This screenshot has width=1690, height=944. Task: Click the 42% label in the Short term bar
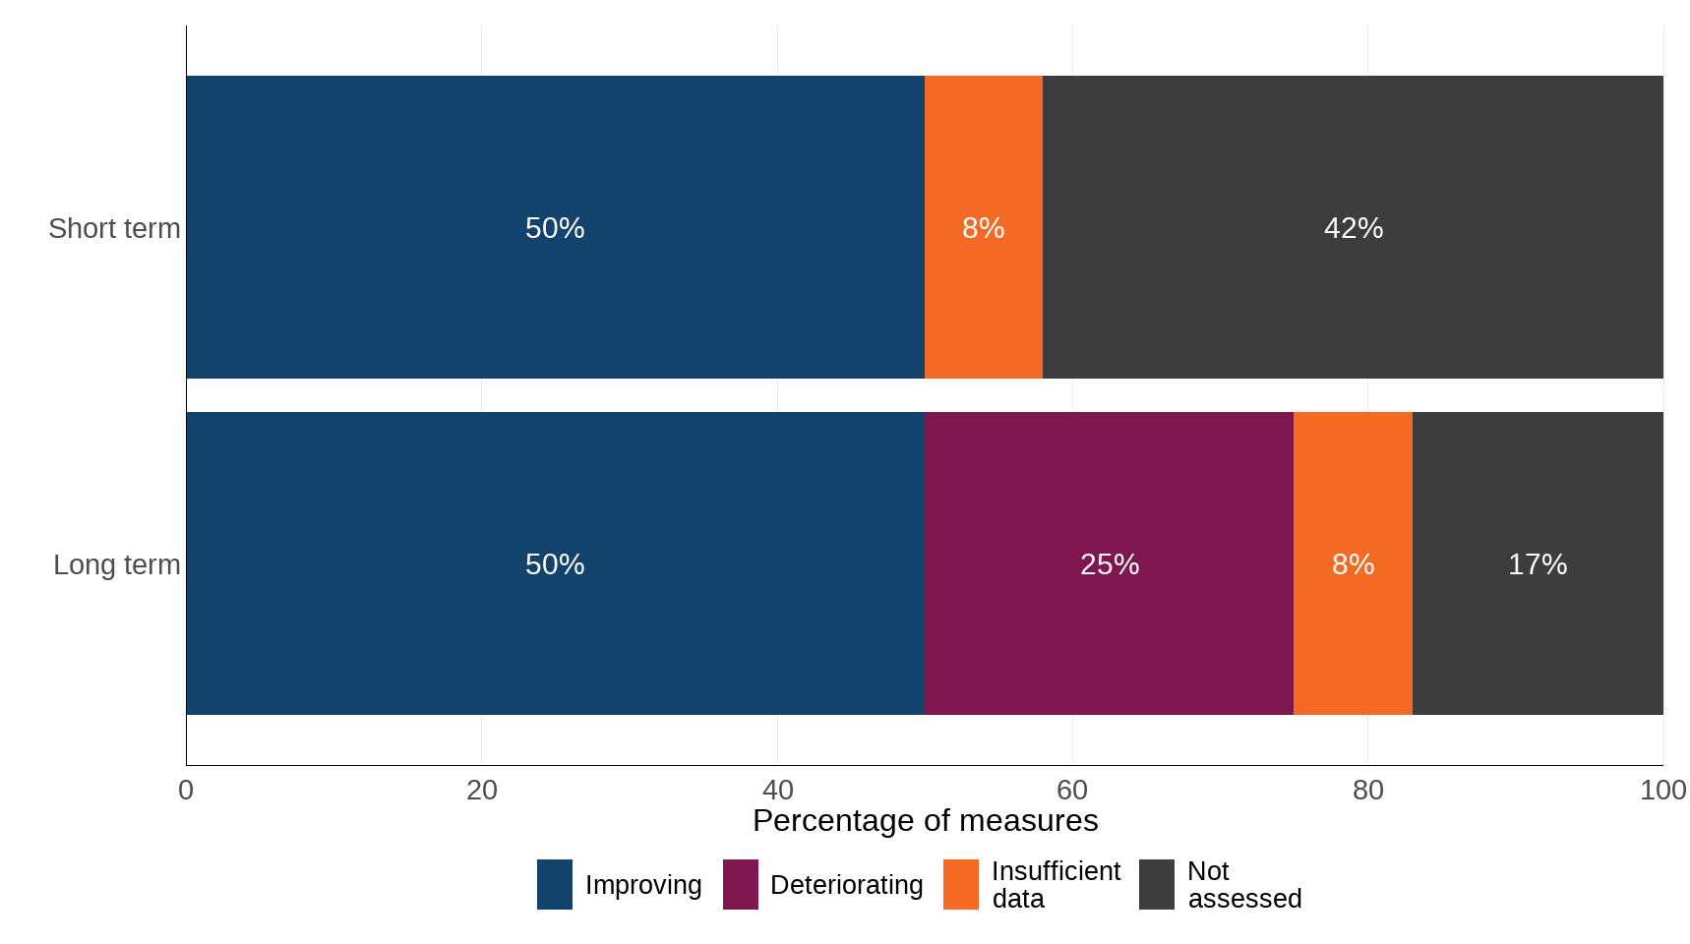tap(1353, 228)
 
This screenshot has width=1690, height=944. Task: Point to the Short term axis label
tap(114, 228)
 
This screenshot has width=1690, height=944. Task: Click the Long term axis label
tap(116, 564)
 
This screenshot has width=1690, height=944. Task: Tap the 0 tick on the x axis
tap(186, 790)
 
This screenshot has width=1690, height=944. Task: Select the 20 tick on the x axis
tap(481, 790)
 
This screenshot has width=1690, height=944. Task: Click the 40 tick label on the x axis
tap(777, 790)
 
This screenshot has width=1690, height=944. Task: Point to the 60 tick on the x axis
tap(1072, 790)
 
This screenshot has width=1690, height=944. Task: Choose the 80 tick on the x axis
tap(1367, 790)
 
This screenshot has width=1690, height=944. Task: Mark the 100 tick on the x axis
tap(1662, 790)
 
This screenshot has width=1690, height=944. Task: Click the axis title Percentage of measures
tap(925, 820)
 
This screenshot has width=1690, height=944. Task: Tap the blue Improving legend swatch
tap(554, 884)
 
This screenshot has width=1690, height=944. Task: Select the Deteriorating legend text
tap(846, 885)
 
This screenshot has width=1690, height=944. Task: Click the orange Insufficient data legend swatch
tap(960, 884)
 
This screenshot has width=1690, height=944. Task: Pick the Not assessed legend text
tap(1243, 885)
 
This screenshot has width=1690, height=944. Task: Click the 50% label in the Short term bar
tap(555, 228)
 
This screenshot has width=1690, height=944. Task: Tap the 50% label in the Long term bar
tap(555, 564)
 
